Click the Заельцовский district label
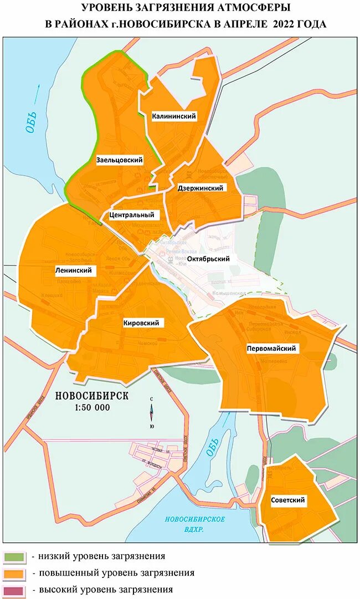click(120, 160)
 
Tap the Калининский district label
click(174, 116)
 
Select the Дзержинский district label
click(200, 188)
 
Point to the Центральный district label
click(131, 214)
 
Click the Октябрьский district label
click(208, 259)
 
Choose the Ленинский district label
click(73, 270)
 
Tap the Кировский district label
click(141, 323)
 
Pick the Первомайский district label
click(271, 349)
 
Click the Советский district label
click(288, 500)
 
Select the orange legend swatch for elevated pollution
click(14, 573)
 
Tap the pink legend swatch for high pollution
click(14, 590)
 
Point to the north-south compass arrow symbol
click(152, 412)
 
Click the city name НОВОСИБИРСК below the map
click(92, 396)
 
